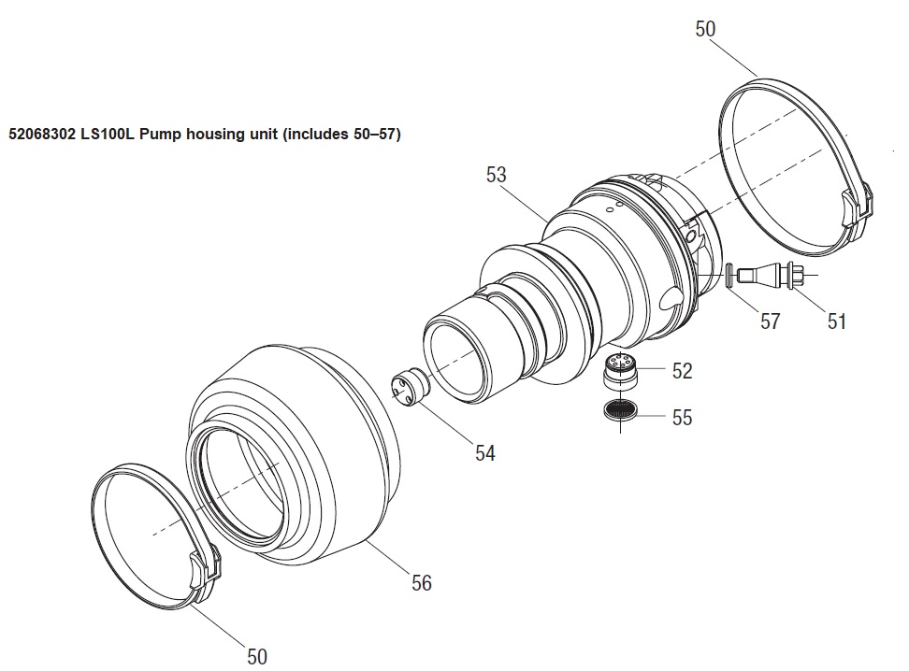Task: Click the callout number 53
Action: (497, 175)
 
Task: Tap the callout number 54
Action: (485, 452)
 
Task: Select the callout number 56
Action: (422, 582)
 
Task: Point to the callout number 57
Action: (771, 321)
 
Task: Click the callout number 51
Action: (837, 321)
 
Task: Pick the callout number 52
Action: (683, 371)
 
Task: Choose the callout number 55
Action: (683, 417)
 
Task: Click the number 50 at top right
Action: (705, 29)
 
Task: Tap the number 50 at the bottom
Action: (257, 656)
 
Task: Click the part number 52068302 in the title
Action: (42, 135)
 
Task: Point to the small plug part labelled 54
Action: (411, 386)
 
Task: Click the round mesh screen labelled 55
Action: (620, 409)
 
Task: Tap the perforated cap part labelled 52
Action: (620, 371)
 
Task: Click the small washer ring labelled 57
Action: (729, 274)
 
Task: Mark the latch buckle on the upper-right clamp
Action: (857, 207)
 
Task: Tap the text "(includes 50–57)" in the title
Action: (340, 135)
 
